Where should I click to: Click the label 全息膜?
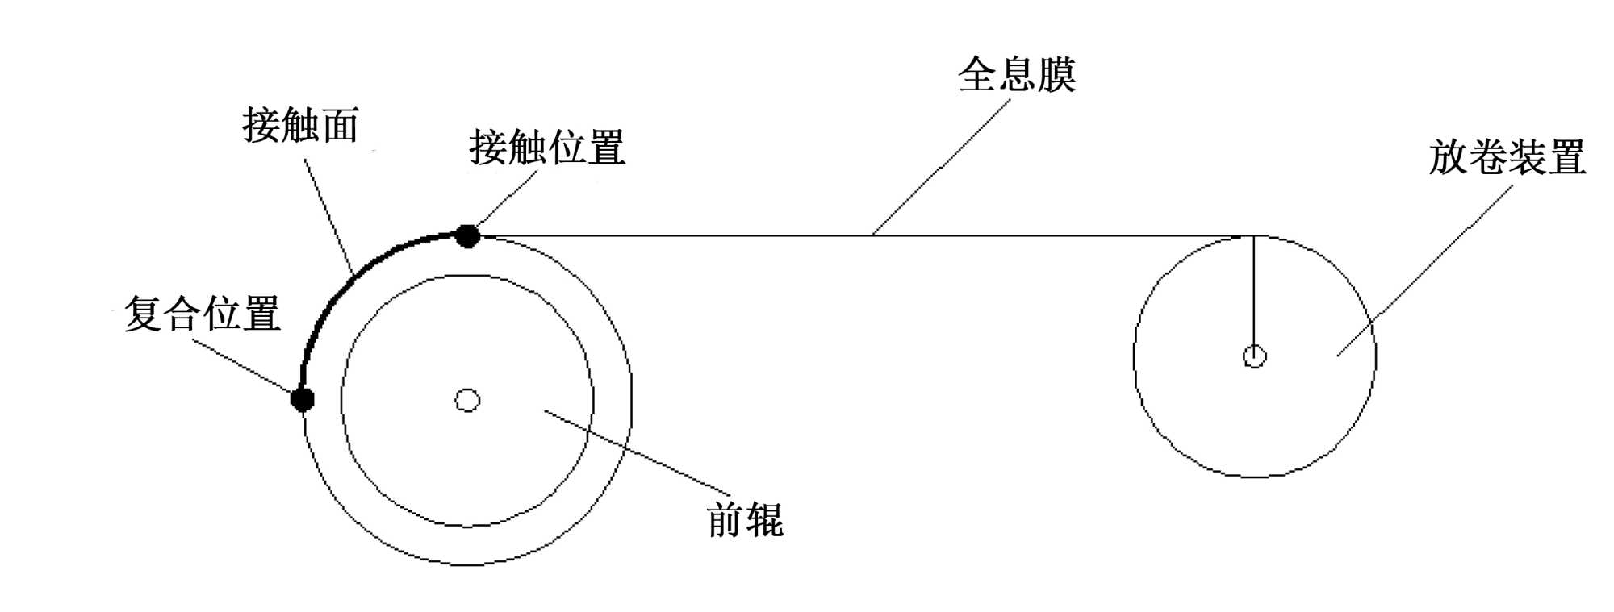[x=1016, y=75]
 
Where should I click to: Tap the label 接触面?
[x=300, y=126]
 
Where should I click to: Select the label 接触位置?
[x=546, y=148]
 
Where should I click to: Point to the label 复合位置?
[x=202, y=314]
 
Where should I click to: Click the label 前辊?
[x=744, y=519]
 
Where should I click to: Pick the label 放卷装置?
[x=1507, y=157]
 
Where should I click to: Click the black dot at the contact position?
[x=467, y=236]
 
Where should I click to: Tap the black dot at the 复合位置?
[x=303, y=398]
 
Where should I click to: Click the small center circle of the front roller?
[x=468, y=400]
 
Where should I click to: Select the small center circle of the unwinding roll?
[x=1254, y=356]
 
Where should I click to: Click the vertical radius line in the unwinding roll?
[x=1254, y=290]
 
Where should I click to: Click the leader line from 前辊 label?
[x=638, y=452]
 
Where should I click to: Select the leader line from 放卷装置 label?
[x=1424, y=270]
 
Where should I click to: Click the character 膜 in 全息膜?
[x=1056, y=75]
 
